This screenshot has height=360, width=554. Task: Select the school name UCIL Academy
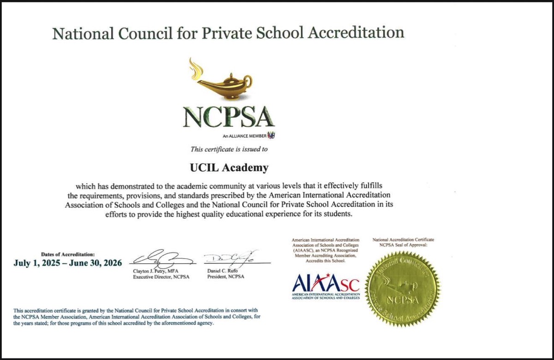[x=229, y=168]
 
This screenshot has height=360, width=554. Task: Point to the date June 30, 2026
[x=98, y=263]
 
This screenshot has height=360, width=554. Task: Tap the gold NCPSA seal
[x=403, y=289]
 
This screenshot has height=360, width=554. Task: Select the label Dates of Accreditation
[x=68, y=254]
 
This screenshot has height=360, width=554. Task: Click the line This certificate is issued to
[x=229, y=150]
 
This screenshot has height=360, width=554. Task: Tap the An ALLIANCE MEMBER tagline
[x=245, y=136]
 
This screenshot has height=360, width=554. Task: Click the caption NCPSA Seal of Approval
[x=403, y=246]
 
